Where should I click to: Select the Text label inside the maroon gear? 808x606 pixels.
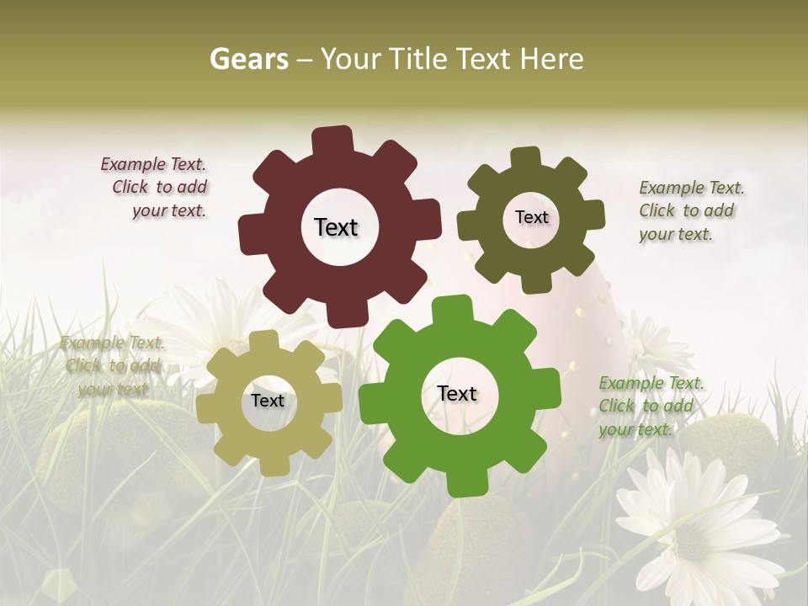coord(336,227)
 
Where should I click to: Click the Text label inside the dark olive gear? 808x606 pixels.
coord(531,217)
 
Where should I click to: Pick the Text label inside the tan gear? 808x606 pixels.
coord(268,401)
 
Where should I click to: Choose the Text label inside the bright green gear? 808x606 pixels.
coord(457,393)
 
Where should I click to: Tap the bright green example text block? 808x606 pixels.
coord(649,407)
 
